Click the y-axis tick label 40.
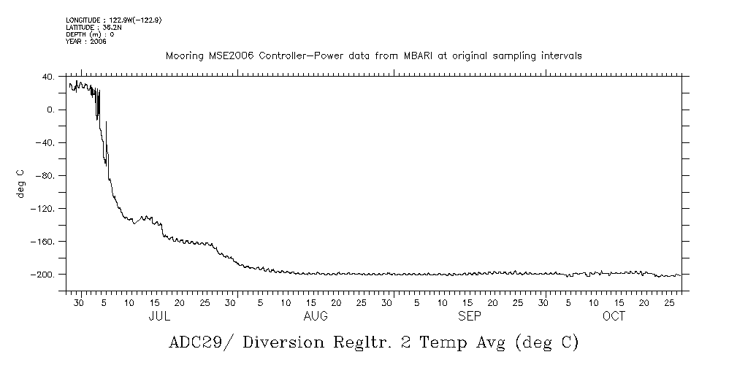(47, 77)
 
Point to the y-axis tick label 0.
(50, 110)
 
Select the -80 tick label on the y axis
(45, 175)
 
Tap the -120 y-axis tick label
(43, 208)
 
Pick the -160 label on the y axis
(43, 241)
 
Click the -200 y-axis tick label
(43, 274)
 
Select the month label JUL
(159, 316)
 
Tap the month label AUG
(316, 316)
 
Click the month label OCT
(614, 316)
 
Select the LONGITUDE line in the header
(113, 20)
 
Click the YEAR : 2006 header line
(86, 42)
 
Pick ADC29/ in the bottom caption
(200, 342)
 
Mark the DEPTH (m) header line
(90, 34)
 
